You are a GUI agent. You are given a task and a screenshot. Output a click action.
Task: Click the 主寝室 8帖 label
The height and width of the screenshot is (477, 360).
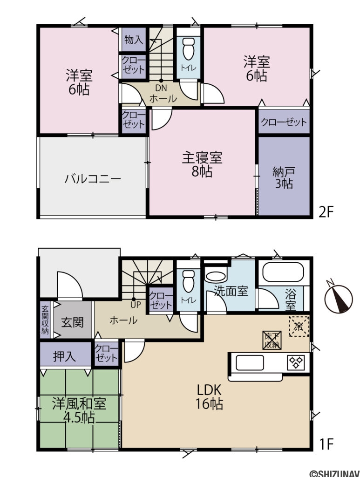[x=202, y=164]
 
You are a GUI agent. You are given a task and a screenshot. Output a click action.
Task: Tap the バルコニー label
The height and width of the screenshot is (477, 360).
[x=93, y=178]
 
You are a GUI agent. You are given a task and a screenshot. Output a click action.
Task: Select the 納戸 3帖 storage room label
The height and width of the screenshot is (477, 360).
[x=283, y=177]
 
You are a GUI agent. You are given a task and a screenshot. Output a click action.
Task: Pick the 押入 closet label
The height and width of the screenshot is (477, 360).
[x=64, y=357]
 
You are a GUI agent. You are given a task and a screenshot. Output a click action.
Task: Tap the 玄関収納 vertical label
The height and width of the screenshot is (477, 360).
[x=45, y=319]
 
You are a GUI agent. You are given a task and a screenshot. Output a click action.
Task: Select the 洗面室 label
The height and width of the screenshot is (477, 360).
[x=231, y=291]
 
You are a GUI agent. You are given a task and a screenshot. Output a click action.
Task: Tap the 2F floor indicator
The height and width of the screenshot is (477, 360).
[x=326, y=212]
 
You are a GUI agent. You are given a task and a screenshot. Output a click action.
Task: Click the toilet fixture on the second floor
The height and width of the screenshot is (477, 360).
[x=189, y=48]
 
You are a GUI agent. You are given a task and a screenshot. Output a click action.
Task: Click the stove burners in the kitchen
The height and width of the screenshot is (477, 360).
[x=296, y=362]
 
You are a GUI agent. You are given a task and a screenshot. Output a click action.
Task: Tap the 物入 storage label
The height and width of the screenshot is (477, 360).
[x=134, y=40]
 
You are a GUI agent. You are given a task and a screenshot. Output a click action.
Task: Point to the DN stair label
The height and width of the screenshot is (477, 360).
[x=161, y=88]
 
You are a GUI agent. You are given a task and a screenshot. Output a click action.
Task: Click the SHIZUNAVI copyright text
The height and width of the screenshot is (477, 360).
[x=331, y=473]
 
